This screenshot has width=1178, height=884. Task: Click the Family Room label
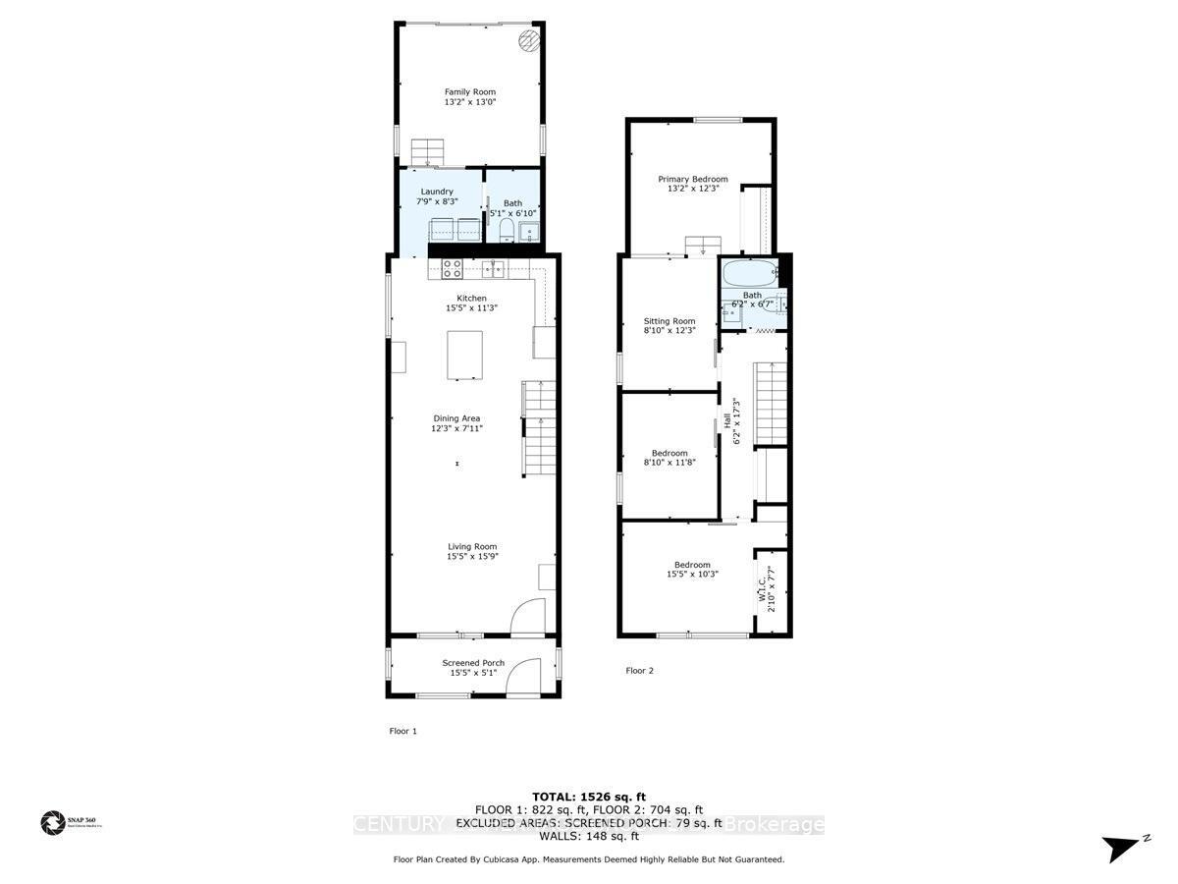(x=469, y=92)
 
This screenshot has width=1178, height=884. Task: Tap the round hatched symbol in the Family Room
(x=529, y=39)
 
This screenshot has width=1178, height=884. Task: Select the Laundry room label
(x=437, y=192)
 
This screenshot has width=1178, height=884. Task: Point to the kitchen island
(x=465, y=355)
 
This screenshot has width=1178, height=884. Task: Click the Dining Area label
(x=456, y=418)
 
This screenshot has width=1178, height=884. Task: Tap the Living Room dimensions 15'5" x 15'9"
(x=472, y=558)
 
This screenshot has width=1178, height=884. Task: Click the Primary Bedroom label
(x=692, y=179)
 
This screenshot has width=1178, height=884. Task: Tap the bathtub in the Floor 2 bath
(x=751, y=272)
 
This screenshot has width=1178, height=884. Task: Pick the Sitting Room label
(x=669, y=321)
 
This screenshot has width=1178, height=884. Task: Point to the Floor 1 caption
(x=403, y=731)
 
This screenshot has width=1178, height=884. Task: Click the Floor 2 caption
(x=639, y=671)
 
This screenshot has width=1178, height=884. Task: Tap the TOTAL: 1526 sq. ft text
(x=588, y=796)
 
